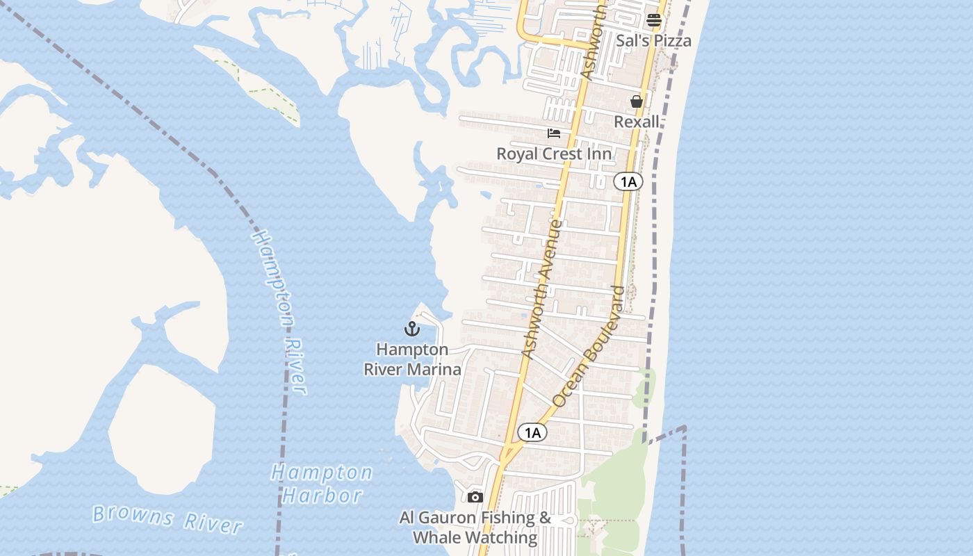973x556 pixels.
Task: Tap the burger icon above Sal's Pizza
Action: click(654, 20)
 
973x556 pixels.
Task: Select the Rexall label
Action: click(636, 122)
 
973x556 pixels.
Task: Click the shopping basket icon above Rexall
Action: click(636, 101)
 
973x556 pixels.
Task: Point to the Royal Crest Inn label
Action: click(554, 154)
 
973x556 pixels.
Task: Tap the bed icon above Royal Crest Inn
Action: click(554, 133)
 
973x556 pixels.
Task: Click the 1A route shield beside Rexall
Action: click(628, 182)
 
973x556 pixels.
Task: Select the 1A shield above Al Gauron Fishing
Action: click(532, 433)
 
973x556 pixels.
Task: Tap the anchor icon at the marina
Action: click(412, 329)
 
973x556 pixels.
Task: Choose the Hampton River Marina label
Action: click(412, 359)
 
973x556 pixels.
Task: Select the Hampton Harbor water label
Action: click(322, 484)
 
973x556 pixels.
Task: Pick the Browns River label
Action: click(167, 518)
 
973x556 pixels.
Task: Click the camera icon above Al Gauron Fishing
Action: click(475, 497)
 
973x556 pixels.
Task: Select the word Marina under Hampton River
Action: click(433, 369)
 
